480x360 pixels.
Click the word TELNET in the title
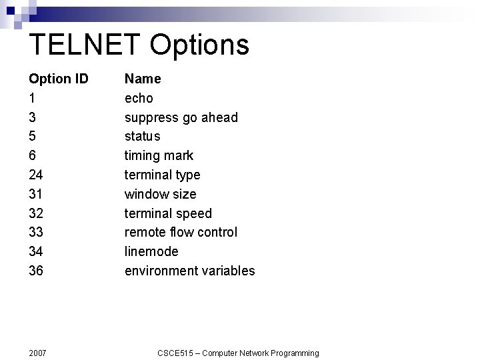point(85,45)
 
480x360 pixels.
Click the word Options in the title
point(199,45)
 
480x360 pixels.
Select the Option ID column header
point(59,79)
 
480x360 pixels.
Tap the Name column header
point(143,79)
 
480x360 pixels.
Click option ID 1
point(32,98)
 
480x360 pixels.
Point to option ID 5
point(33,136)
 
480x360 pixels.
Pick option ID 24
point(36,175)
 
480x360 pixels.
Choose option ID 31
point(36,194)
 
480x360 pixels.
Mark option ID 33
point(36,232)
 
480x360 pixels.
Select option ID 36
point(36,271)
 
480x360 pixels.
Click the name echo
point(139,98)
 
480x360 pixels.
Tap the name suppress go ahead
point(181,117)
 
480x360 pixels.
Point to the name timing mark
point(159,155)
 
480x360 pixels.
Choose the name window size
point(161,194)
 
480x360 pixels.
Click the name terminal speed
point(168,213)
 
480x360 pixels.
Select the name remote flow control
point(181,232)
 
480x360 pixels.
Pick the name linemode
point(151,251)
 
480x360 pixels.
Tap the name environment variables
point(189,271)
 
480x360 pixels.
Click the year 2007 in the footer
point(39,353)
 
